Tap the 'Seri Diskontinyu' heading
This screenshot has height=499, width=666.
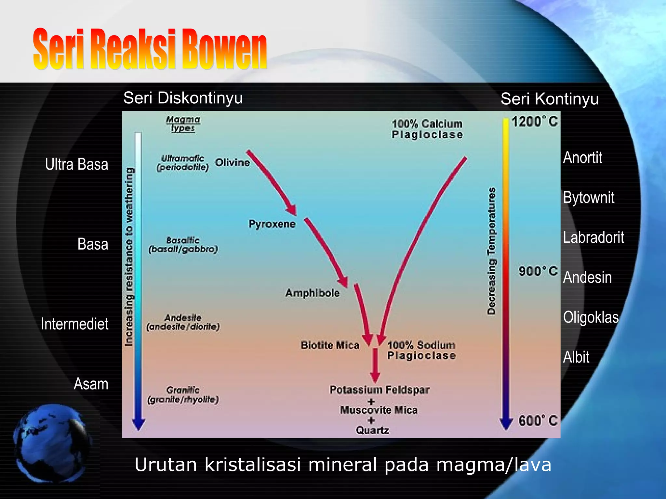pyautogui.click(x=183, y=98)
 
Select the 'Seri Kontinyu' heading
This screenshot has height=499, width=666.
pyautogui.click(x=549, y=99)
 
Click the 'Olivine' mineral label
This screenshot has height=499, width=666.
pyautogui.click(x=232, y=162)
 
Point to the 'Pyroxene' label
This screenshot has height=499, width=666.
pyautogui.click(x=272, y=224)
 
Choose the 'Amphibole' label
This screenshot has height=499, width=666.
pyautogui.click(x=313, y=293)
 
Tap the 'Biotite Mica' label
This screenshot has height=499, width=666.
pyautogui.click(x=330, y=345)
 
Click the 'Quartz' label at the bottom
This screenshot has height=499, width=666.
pyautogui.click(x=372, y=430)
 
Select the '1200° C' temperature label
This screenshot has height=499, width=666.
pyautogui.click(x=534, y=122)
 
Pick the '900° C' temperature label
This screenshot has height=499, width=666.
pyautogui.click(x=538, y=271)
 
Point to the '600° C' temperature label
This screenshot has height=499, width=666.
pyautogui.click(x=538, y=420)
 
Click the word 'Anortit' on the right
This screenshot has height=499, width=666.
pyautogui.click(x=582, y=158)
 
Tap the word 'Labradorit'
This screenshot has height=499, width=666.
pyautogui.click(x=593, y=237)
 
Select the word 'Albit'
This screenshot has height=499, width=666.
pyautogui.click(x=576, y=357)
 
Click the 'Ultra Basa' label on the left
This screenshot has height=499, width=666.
pyautogui.click(x=76, y=164)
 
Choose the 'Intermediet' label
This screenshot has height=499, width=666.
pyautogui.click(x=74, y=324)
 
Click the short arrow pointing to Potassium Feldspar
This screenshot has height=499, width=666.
pyautogui.click(x=375, y=365)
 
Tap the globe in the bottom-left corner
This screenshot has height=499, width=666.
pyautogui.click(x=52, y=443)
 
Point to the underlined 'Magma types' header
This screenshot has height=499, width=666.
pyautogui.click(x=183, y=124)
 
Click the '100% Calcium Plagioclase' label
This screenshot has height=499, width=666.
pyautogui.click(x=427, y=129)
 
